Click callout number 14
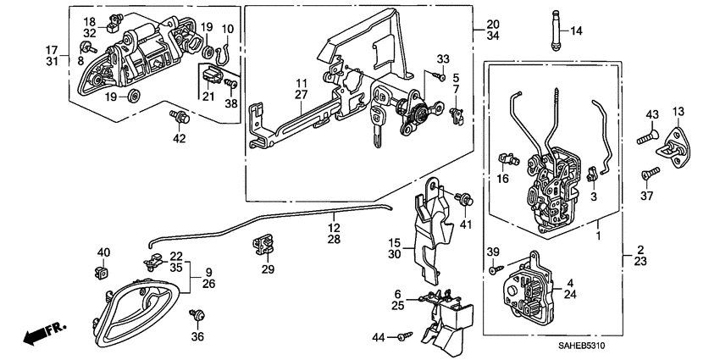pos(576,31)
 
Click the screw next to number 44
pos(404,336)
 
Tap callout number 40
pos(103,252)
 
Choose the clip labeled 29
pos(263,246)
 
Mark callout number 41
pos(464,224)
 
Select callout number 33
pos(441,58)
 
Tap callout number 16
pos(501,178)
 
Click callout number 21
pos(208,96)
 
